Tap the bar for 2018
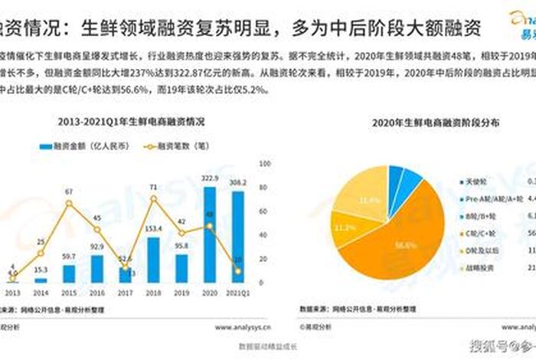click(153, 260)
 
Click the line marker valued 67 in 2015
click(69, 203)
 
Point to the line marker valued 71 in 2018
click(153, 199)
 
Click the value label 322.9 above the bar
click(209, 178)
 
